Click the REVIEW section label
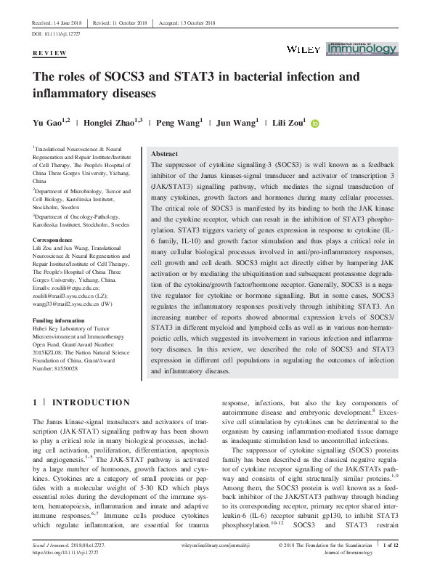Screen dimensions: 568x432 tap(50, 54)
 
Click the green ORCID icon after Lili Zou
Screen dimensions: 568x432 tap(314, 124)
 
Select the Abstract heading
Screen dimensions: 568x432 tap(163, 154)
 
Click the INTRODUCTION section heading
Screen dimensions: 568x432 tap(91, 402)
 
